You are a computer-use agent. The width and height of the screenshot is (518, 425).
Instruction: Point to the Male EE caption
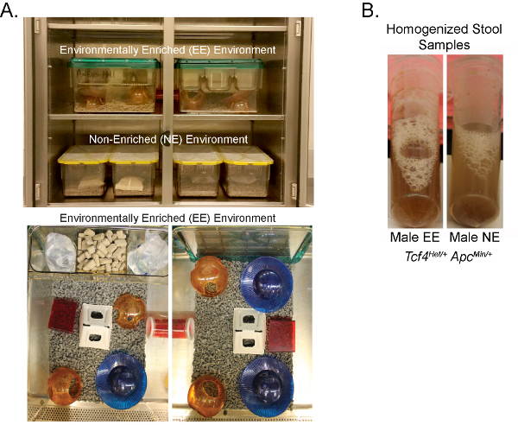point(415,237)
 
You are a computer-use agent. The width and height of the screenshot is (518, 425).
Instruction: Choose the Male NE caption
point(475,237)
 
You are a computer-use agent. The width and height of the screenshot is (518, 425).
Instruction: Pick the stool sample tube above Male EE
point(415,142)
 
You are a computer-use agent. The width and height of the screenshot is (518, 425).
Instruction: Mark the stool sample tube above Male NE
point(475,142)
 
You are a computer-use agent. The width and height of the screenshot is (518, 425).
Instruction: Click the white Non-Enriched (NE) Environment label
point(168,139)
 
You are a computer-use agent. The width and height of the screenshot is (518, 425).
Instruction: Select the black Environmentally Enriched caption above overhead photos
point(167,219)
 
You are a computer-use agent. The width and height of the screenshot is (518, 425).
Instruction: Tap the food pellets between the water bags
point(102,250)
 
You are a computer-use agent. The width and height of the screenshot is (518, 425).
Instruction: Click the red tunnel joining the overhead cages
point(170,327)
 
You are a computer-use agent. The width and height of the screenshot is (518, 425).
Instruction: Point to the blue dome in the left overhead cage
point(121,381)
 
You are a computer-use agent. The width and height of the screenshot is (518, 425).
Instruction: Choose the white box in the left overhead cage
point(95,327)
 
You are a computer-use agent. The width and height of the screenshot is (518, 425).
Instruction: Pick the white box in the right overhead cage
point(250,331)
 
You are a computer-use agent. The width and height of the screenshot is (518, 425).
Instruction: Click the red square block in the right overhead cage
point(281,335)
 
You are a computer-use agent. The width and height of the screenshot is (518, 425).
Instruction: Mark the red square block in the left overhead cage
point(63,316)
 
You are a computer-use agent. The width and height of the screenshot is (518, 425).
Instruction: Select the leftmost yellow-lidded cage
point(85,172)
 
